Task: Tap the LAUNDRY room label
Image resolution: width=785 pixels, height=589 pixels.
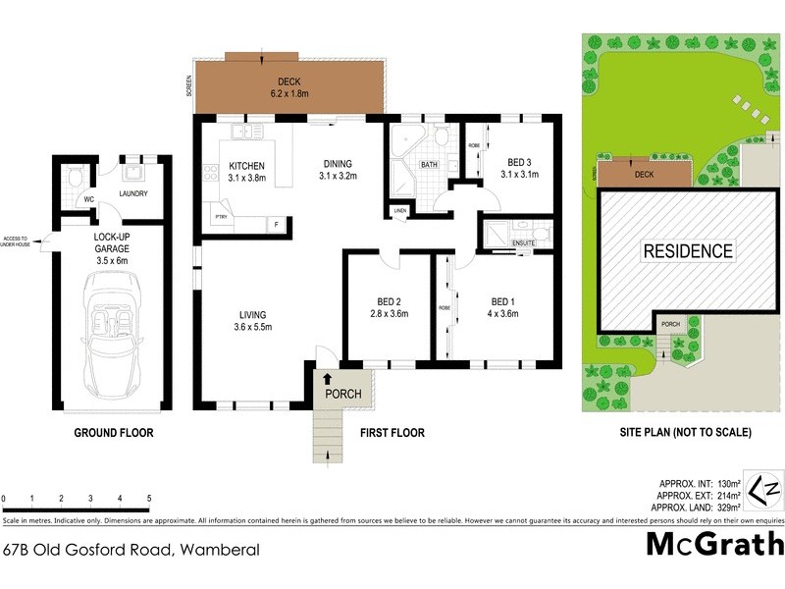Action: point(132,193)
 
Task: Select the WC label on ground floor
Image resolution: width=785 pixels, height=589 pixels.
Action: point(87,198)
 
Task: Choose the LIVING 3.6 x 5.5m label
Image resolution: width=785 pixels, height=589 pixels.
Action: point(253,320)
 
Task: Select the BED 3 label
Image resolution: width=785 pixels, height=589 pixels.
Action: point(519,168)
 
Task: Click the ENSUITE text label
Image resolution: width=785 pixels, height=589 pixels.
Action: point(522,241)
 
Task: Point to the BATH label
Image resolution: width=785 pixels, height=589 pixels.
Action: point(429,165)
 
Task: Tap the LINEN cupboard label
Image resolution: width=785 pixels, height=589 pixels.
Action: point(400,211)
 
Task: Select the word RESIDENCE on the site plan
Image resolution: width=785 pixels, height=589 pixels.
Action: point(687,251)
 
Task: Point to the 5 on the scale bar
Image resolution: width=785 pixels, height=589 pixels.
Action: point(149,499)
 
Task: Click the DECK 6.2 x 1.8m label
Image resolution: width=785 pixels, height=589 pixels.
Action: point(289,87)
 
